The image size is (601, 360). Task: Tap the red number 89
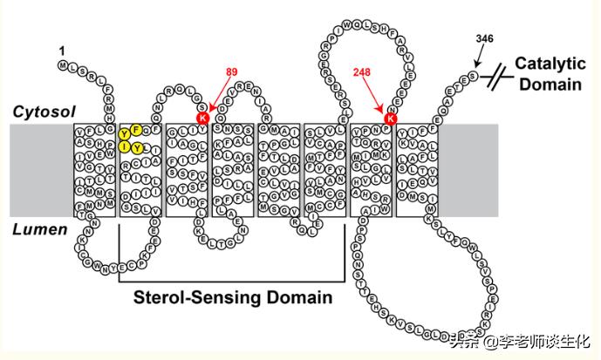[231, 71]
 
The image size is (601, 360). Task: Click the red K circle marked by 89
[202, 118]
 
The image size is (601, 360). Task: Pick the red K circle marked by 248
[391, 118]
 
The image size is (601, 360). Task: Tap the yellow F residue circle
[137, 130]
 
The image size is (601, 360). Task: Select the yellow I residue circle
[126, 147]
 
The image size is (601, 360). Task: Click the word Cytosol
[44, 112]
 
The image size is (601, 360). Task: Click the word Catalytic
[547, 64]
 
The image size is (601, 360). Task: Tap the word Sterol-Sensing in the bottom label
[186, 298]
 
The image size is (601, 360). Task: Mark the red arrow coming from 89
[218, 93]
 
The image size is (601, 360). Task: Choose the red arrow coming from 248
[376, 95]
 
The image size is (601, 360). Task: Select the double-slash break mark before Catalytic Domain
[497, 77]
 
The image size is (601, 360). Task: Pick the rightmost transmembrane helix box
[416, 170]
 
